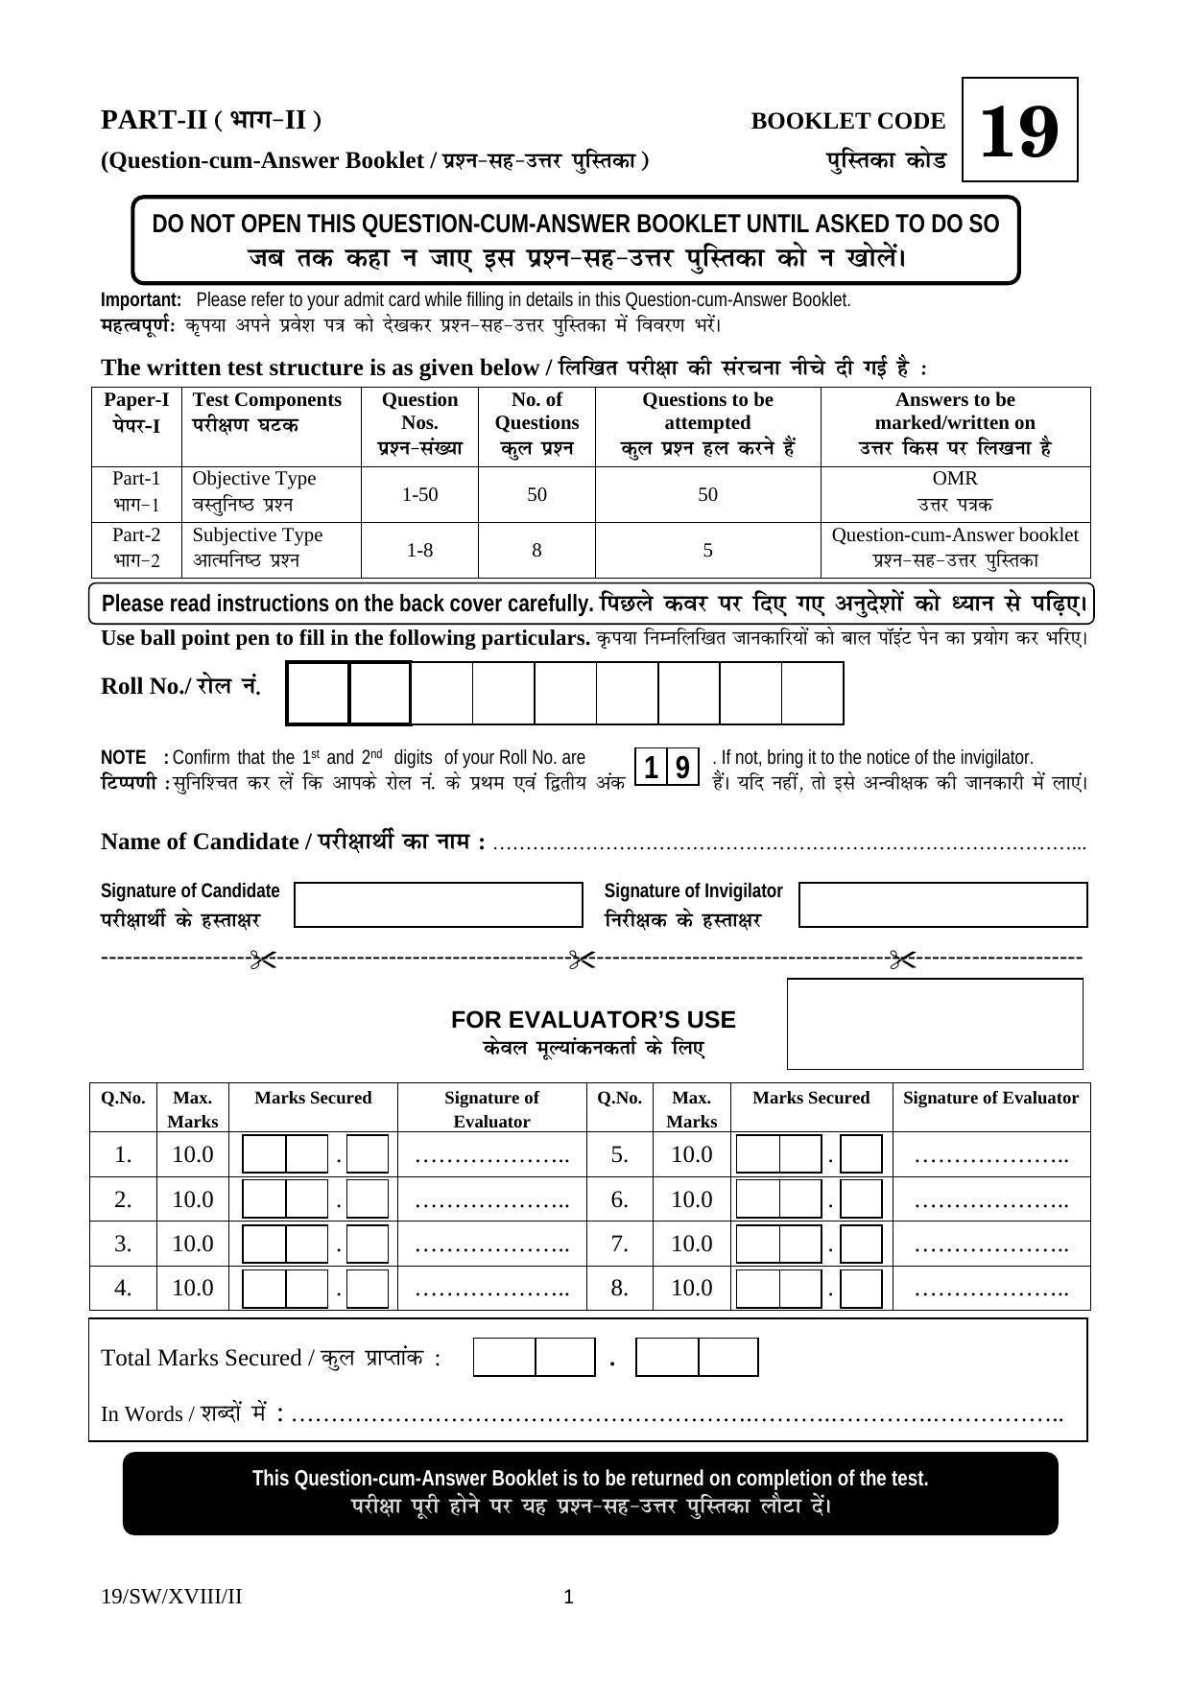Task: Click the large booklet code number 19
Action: (x=1019, y=131)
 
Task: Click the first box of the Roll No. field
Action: (x=318, y=693)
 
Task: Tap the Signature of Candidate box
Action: (x=438, y=905)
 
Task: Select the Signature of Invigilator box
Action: (x=942, y=905)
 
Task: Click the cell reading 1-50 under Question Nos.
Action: (x=419, y=494)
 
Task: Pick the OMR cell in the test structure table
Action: (x=955, y=479)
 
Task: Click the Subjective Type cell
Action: (x=257, y=535)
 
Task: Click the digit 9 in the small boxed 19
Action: (x=682, y=768)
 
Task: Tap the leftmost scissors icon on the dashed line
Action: (x=262, y=959)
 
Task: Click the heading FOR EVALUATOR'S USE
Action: (x=593, y=1019)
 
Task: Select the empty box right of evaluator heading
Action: (x=935, y=1024)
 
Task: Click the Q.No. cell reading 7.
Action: (x=619, y=1244)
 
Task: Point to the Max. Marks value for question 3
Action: (x=192, y=1244)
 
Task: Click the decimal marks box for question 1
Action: (x=367, y=1154)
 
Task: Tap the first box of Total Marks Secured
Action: (x=504, y=1358)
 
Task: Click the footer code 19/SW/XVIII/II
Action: (x=171, y=1597)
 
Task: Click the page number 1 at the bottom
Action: (x=568, y=1597)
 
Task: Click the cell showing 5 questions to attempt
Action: (x=707, y=550)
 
